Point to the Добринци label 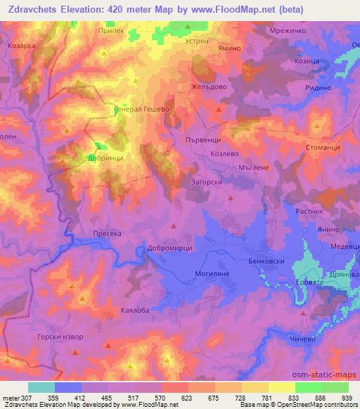pos(105,160)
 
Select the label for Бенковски pos(265,261)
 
